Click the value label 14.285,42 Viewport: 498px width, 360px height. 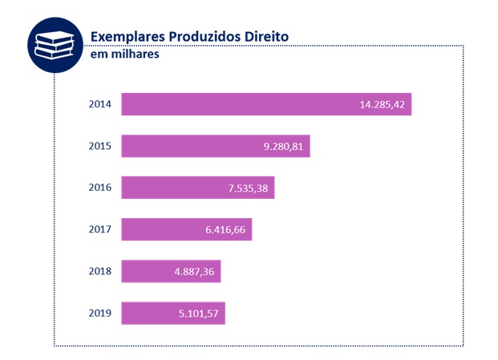coord(383,104)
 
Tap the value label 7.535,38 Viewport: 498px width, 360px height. coord(248,188)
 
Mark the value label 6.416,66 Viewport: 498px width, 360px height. coord(225,230)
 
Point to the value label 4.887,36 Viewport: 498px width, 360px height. coord(194,272)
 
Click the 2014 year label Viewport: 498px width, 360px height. coord(100,104)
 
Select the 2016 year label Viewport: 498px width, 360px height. coord(100,188)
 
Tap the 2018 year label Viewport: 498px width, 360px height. coord(100,272)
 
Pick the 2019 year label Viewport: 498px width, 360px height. coord(100,313)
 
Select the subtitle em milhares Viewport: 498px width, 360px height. coord(124,55)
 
